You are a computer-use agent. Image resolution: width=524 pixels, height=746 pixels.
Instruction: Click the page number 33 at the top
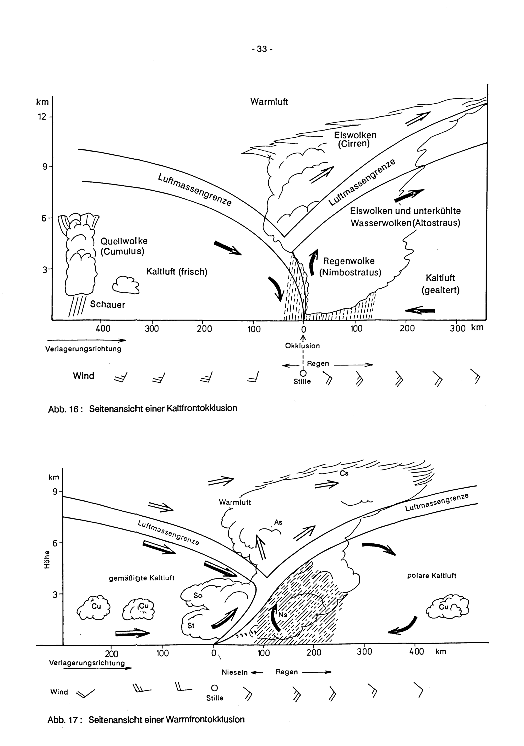pos(262,49)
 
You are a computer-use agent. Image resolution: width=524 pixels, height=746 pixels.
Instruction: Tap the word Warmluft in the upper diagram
pos(269,102)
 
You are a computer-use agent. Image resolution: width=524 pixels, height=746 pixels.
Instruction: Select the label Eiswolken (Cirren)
pos(355,139)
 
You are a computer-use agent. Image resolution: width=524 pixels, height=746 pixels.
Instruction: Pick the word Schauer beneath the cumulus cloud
pos(107,304)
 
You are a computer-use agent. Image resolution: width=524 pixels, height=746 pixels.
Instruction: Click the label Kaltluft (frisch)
pos(177,271)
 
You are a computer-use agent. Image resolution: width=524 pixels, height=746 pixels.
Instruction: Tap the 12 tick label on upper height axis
pos(42,117)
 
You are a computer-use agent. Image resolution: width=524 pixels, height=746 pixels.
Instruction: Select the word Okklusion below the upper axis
pos(302,346)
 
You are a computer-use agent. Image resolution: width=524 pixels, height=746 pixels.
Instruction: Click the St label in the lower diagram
pos(191,625)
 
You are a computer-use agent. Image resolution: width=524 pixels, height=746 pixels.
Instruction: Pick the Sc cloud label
pos(198,595)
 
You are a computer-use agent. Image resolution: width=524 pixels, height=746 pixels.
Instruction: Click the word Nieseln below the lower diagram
pos(234,672)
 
